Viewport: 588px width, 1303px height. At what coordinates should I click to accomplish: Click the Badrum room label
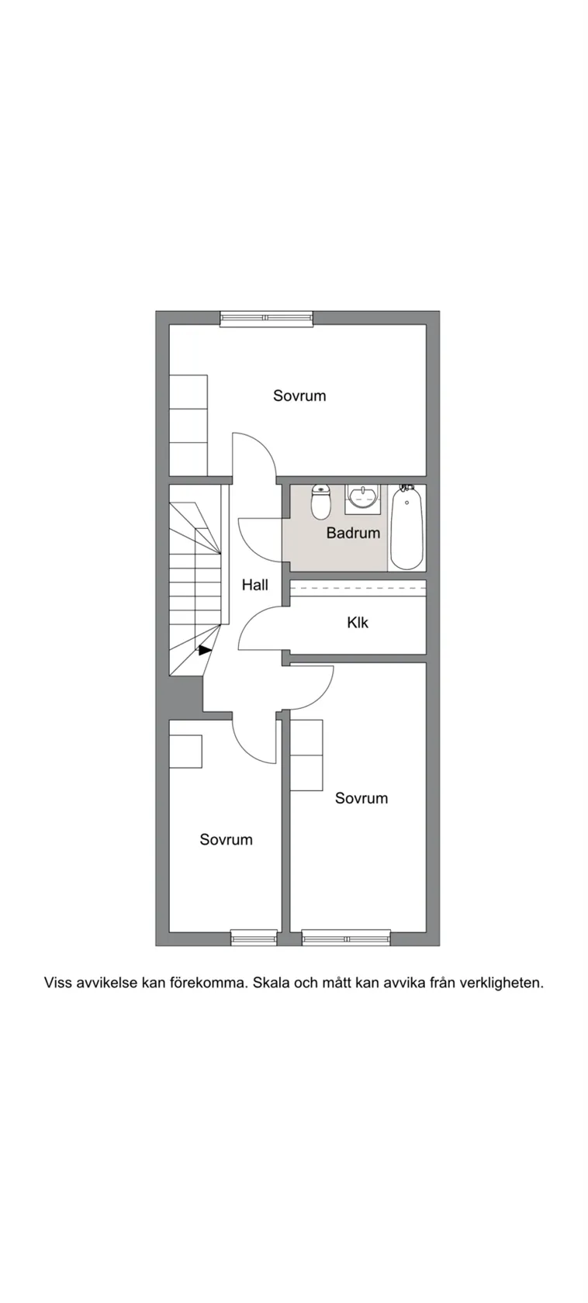pyautogui.click(x=353, y=533)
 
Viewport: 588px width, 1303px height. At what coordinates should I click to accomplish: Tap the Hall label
pyautogui.click(x=254, y=585)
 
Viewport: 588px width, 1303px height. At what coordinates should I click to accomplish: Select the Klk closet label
pyautogui.click(x=358, y=622)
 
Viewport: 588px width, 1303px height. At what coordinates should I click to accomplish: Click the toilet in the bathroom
pyautogui.click(x=320, y=503)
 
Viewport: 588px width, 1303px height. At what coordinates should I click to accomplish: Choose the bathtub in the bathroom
pyautogui.click(x=406, y=527)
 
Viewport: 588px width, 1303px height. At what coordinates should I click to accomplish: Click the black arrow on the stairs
pyautogui.click(x=204, y=651)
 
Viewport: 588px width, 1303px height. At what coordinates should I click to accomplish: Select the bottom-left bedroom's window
pyautogui.click(x=254, y=938)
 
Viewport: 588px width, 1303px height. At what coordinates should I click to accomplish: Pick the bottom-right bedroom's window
pyautogui.click(x=345, y=938)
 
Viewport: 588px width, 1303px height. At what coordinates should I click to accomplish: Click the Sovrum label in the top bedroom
pyautogui.click(x=299, y=396)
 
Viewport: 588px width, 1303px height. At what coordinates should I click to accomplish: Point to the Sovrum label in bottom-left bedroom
pyautogui.click(x=226, y=839)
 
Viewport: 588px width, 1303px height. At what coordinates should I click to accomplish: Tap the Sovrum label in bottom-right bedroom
pyautogui.click(x=361, y=798)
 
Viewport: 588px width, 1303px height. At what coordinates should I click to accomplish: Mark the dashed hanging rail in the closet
pyautogui.click(x=358, y=589)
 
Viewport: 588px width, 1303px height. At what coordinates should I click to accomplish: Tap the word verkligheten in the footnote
pyautogui.click(x=501, y=983)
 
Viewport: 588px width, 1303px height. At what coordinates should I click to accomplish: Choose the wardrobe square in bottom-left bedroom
pyautogui.click(x=185, y=751)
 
